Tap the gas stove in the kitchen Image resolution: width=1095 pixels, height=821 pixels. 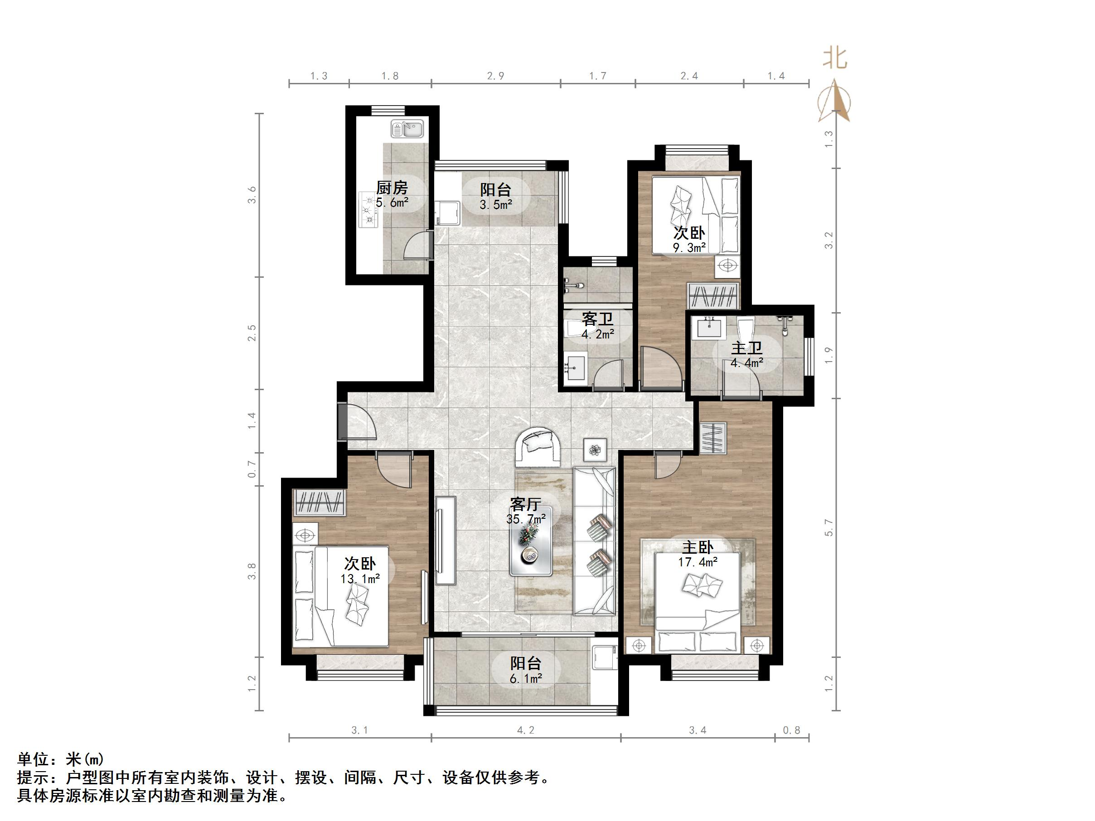(x=368, y=210)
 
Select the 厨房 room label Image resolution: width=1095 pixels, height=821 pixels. (x=392, y=188)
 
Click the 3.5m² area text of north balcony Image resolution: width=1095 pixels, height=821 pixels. (x=495, y=204)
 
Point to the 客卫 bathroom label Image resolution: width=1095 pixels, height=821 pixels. (x=597, y=319)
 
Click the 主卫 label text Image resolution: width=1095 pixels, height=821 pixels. (x=747, y=348)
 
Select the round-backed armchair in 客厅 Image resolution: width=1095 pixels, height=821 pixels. (x=538, y=447)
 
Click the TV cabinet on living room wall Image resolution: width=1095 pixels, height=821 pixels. (x=446, y=541)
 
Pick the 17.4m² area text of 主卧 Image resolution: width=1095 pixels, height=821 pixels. (x=698, y=562)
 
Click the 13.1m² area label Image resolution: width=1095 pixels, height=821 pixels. (x=360, y=578)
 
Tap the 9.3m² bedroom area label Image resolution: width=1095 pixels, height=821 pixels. (x=689, y=247)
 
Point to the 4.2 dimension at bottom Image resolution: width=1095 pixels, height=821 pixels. (x=526, y=730)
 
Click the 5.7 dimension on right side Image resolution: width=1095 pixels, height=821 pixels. (x=829, y=527)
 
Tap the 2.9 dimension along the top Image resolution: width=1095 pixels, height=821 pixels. (x=495, y=76)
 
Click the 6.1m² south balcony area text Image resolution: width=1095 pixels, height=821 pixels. (x=526, y=678)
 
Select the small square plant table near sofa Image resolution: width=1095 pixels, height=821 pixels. (x=595, y=450)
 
